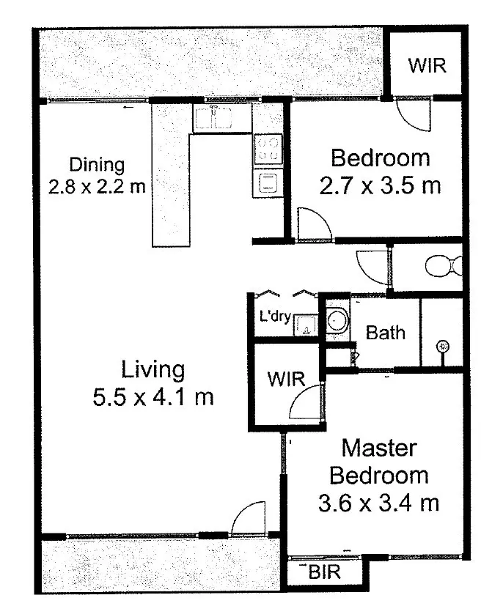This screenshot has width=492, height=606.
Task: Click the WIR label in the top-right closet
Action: (427, 64)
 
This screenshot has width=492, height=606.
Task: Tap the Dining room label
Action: (97, 165)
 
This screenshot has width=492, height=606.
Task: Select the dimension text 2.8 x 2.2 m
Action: (97, 186)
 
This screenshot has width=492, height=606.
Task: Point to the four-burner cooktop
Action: (268, 149)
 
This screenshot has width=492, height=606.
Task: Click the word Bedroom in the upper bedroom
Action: (380, 158)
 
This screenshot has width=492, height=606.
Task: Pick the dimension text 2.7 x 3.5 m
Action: (380, 185)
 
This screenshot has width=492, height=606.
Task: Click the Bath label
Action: (386, 333)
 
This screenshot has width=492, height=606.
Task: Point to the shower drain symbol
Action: (442, 346)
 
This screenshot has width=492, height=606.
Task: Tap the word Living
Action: (153, 369)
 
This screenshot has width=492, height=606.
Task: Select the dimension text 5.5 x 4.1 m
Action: (153, 397)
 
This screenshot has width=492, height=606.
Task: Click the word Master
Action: (379, 448)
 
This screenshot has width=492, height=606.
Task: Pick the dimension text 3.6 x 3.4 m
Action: (379, 503)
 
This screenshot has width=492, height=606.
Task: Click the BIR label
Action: (325, 572)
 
